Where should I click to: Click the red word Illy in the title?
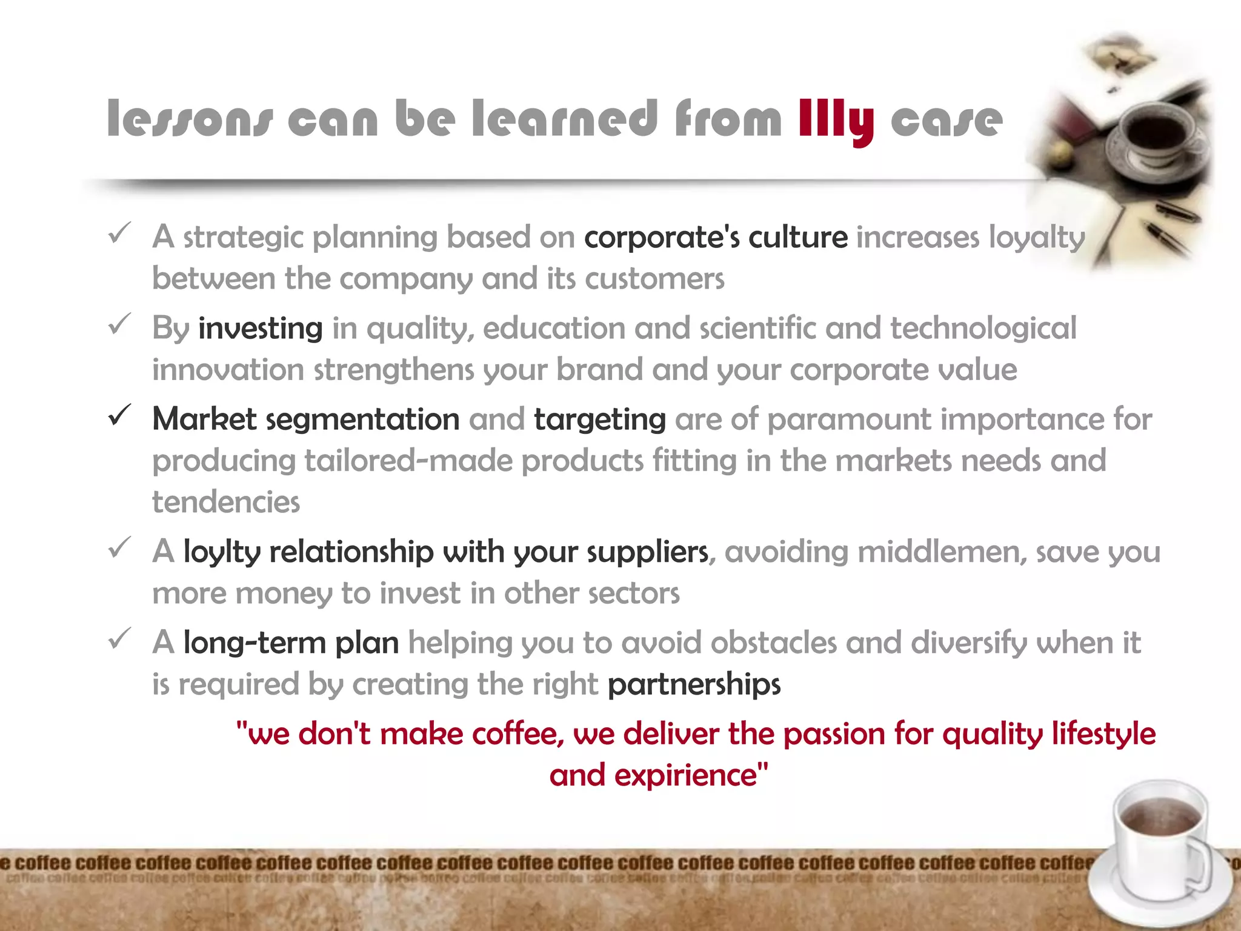(x=836, y=120)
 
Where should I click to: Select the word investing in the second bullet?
(x=261, y=329)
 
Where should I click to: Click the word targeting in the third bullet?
(x=600, y=419)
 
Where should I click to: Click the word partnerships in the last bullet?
(x=694, y=684)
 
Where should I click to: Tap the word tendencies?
(x=226, y=502)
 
